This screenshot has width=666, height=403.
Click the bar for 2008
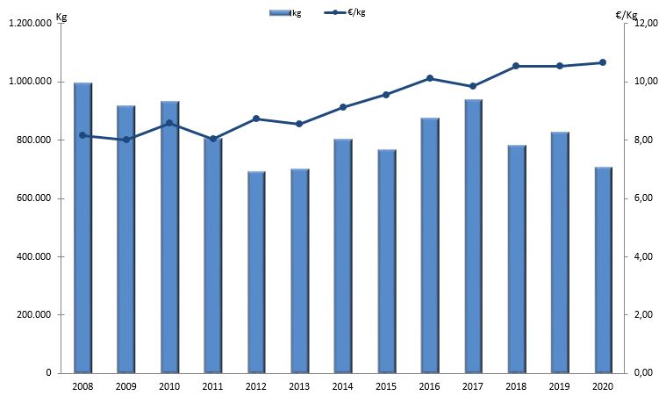point(83,228)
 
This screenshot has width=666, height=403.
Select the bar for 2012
point(256,272)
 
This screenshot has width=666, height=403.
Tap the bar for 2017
point(474,237)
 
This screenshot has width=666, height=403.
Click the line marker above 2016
point(430,78)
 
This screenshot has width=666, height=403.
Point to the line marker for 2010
point(169,123)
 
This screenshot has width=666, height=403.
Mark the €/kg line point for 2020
point(603,62)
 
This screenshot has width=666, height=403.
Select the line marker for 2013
point(299,124)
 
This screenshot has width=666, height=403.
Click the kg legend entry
point(285,13)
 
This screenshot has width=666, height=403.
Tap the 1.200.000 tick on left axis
point(32,24)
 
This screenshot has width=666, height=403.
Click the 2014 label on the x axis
point(343,385)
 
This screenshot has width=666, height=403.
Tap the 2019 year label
point(560,385)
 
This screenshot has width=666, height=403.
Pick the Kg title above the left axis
point(61,17)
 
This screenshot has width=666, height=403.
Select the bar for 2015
point(387,262)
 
